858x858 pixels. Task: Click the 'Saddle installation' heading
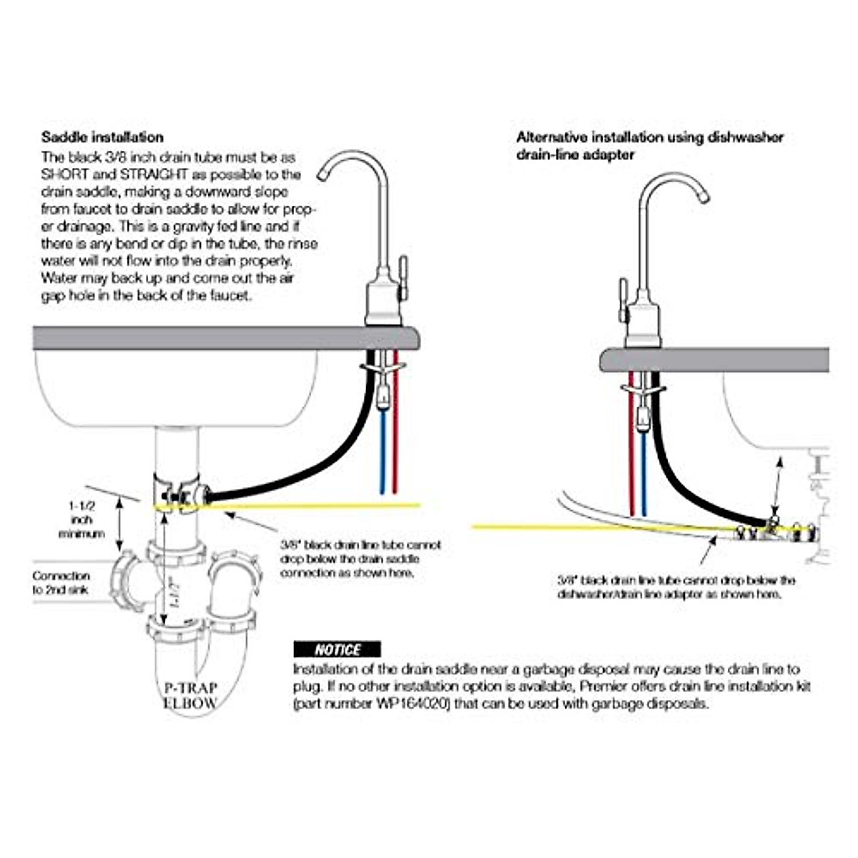click(102, 137)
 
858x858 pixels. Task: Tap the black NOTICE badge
click(337, 649)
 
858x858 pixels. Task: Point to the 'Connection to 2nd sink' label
click(61, 583)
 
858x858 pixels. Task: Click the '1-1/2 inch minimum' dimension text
click(82, 520)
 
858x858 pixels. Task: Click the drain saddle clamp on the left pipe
click(179, 493)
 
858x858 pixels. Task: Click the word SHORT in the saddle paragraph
click(63, 174)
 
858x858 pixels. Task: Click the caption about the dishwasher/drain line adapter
click(676, 587)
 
